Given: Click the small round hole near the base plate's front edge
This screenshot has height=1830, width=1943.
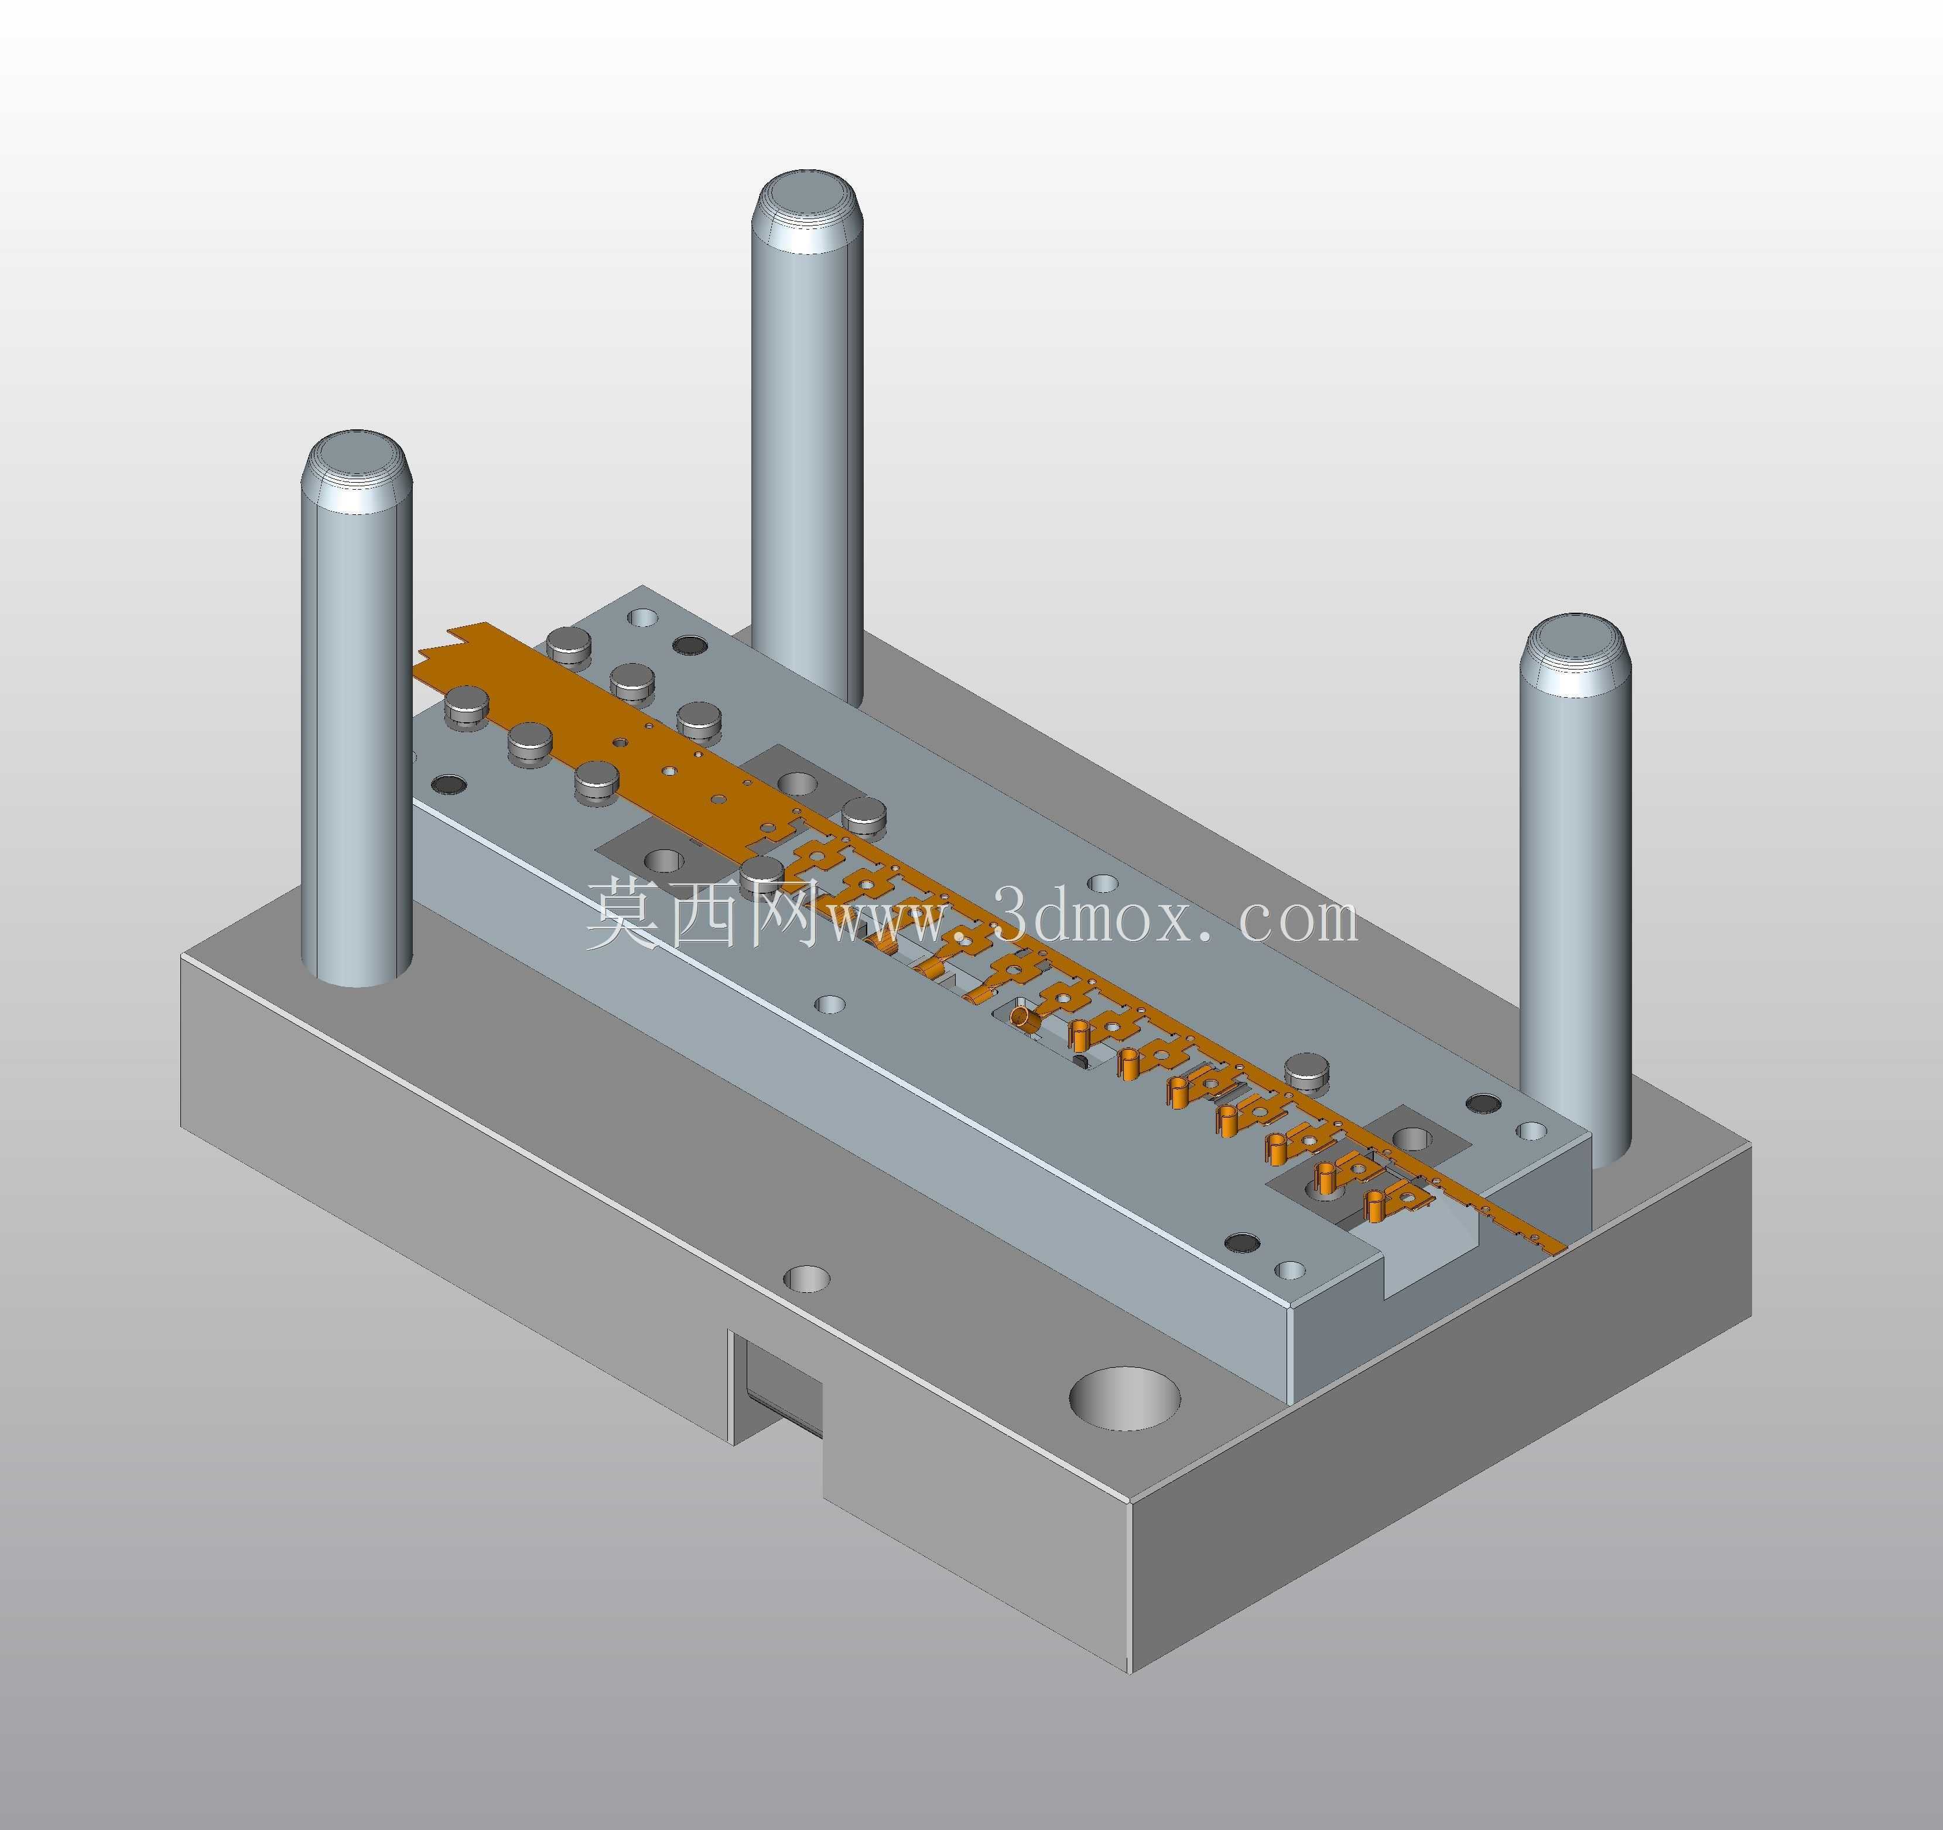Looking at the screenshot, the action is click(x=808, y=1279).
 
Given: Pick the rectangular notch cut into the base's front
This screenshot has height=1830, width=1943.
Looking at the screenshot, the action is click(x=779, y=1388).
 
